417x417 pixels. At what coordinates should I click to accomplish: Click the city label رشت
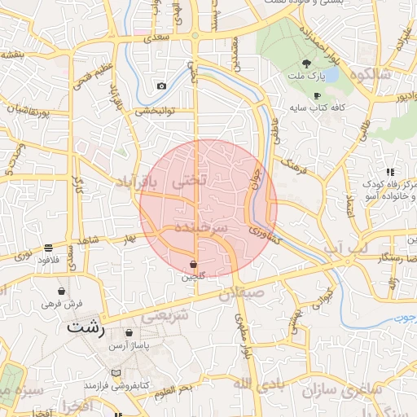point(86,328)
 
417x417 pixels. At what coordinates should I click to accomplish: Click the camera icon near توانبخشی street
point(161,86)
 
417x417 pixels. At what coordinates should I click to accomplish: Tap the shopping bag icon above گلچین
point(193,264)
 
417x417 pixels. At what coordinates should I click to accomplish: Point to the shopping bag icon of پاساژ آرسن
point(129,332)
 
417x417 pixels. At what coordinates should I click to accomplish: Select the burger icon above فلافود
point(49,247)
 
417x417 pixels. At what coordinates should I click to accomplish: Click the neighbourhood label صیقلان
point(241,292)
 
